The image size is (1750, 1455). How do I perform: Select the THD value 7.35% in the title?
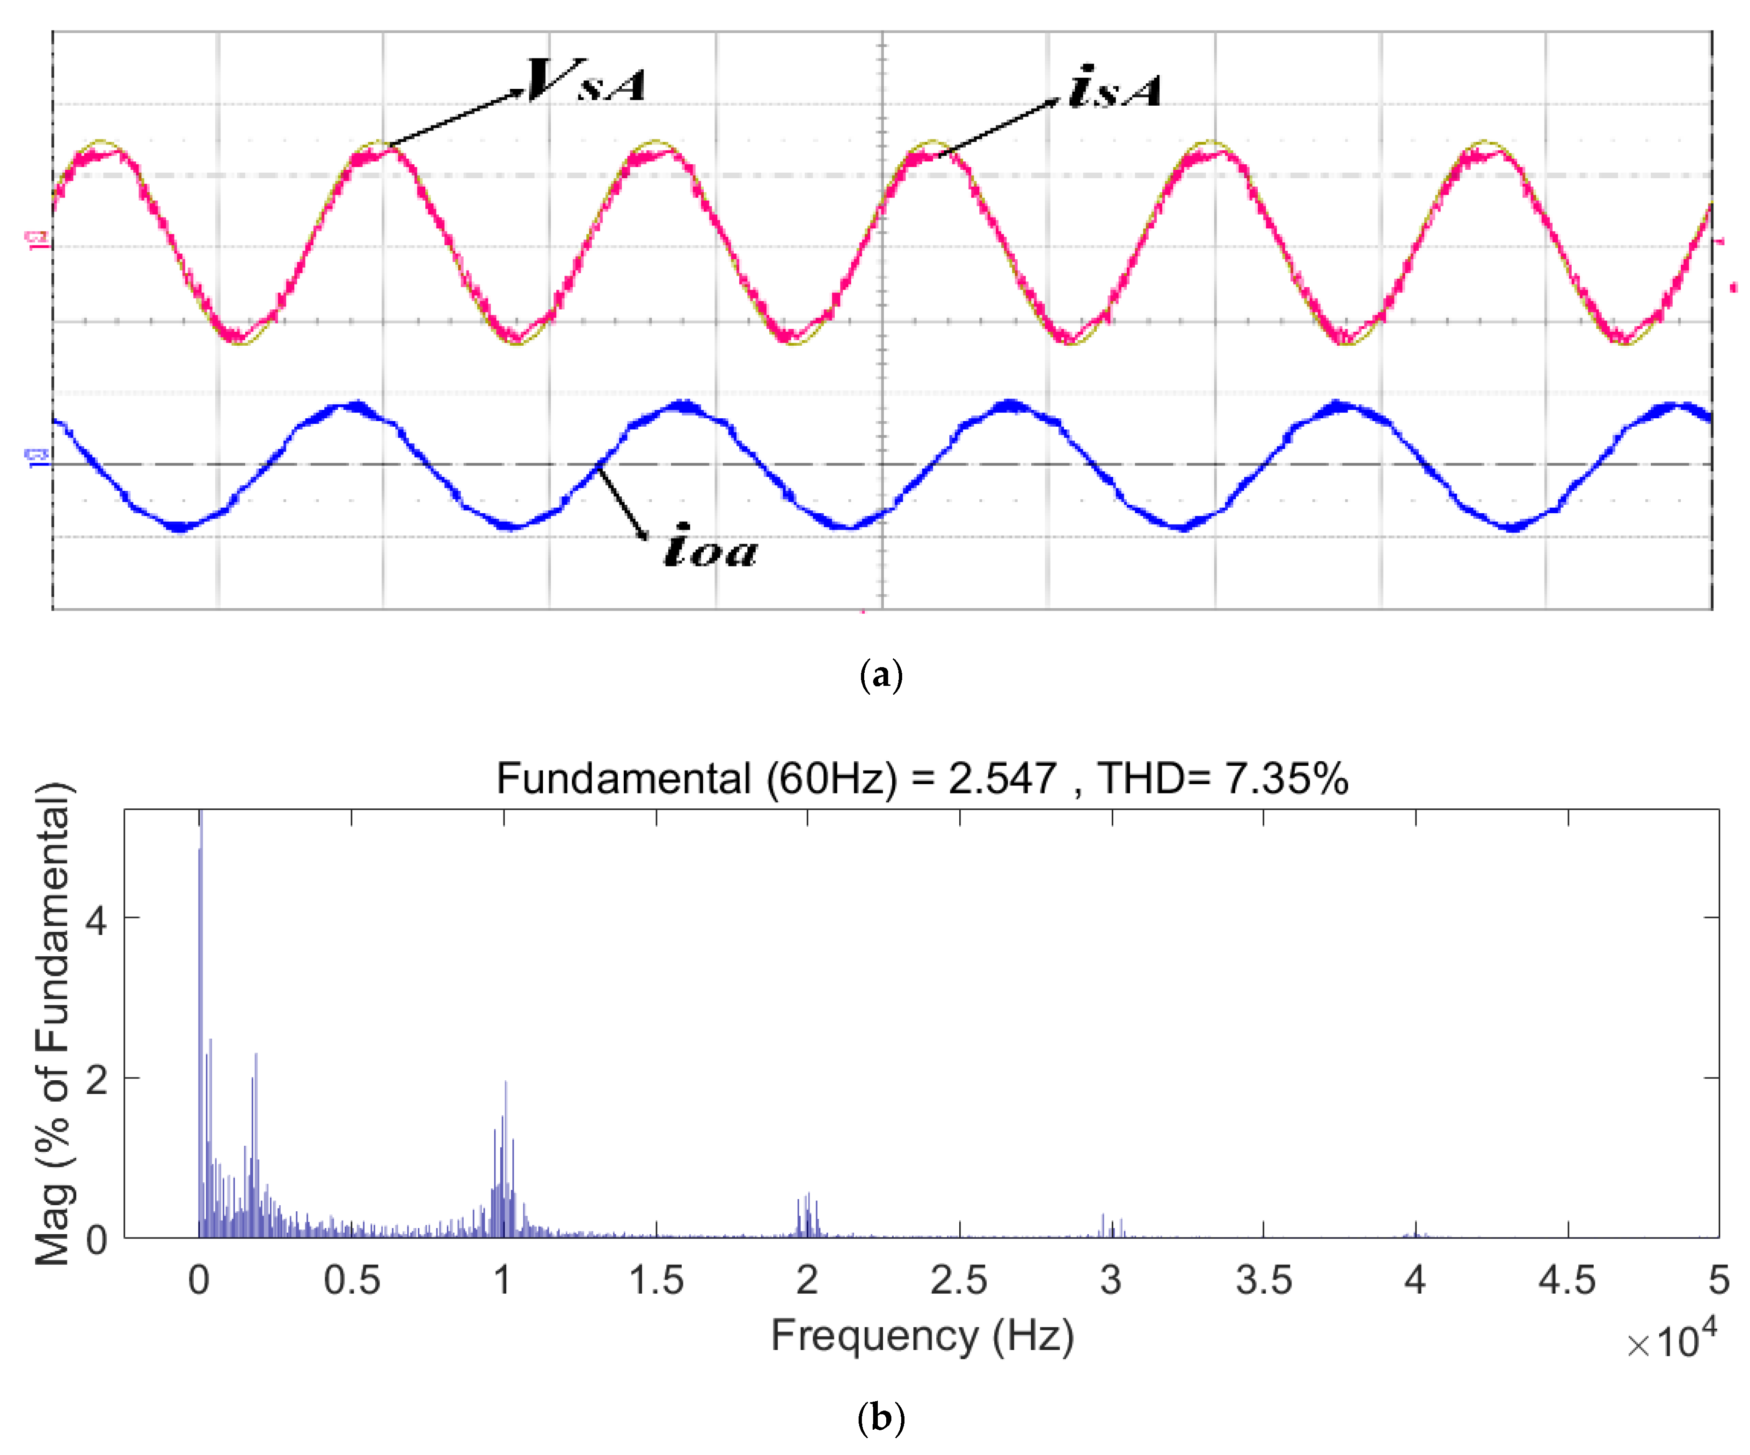click(1286, 778)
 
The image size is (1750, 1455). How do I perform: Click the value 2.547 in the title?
click(1002, 778)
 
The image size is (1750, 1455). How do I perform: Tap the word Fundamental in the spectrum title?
click(623, 778)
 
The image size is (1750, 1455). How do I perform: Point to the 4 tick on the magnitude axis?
click(97, 920)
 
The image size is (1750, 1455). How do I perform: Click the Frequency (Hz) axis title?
click(922, 1336)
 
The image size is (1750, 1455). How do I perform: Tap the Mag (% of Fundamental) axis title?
click(53, 1023)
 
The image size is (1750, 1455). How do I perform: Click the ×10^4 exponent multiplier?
click(1671, 1341)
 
